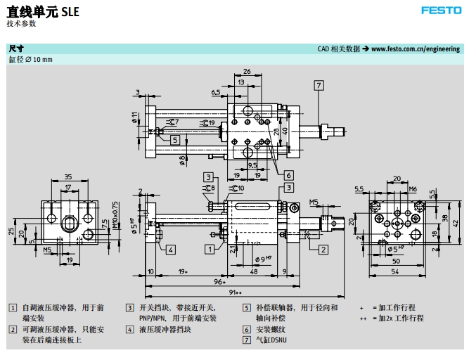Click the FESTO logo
[441, 11]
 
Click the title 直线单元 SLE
[43, 12]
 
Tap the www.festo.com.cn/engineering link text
[416, 49]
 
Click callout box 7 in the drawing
[319, 85]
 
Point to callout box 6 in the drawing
[288, 174]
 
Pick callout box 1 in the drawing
[210, 248]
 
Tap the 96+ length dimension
[219, 281]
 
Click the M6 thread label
[413, 188]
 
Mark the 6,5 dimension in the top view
[216, 92]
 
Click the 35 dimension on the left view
[68, 176]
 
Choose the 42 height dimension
[456, 223]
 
